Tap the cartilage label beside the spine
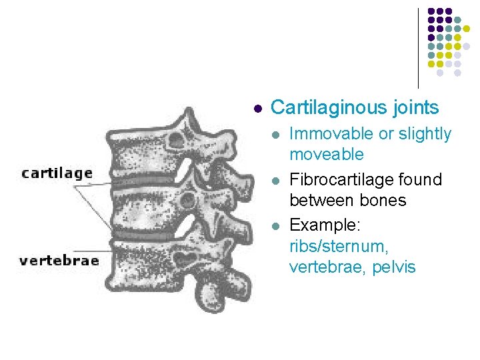pyautogui.click(x=57, y=173)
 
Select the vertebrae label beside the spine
pyautogui.click(x=59, y=261)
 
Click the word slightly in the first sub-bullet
pyautogui.click(x=425, y=134)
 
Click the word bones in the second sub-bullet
pyautogui.click(x=385, y=201)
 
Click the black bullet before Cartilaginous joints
pyautogui.click(x=258, y=108)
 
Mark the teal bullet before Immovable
pyautogui.click(x=277, y=135)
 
